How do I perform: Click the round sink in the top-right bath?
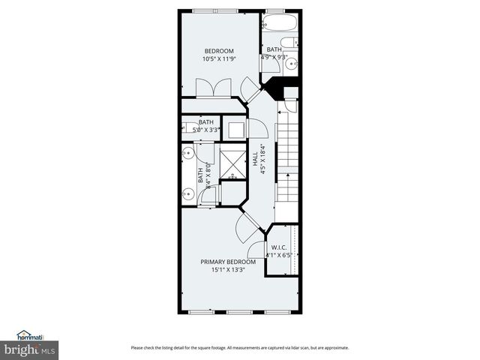click(295, 63)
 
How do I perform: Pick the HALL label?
click(255, 160)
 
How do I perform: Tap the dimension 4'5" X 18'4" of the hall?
click(263, 160)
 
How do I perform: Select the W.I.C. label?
click(279, 247)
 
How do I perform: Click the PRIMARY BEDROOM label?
click(228, 262)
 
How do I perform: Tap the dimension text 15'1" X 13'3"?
click(228, 270)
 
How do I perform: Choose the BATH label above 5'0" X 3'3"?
click(205, 122)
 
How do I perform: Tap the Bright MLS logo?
click(30, 349)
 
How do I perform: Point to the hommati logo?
click(29, 335)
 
